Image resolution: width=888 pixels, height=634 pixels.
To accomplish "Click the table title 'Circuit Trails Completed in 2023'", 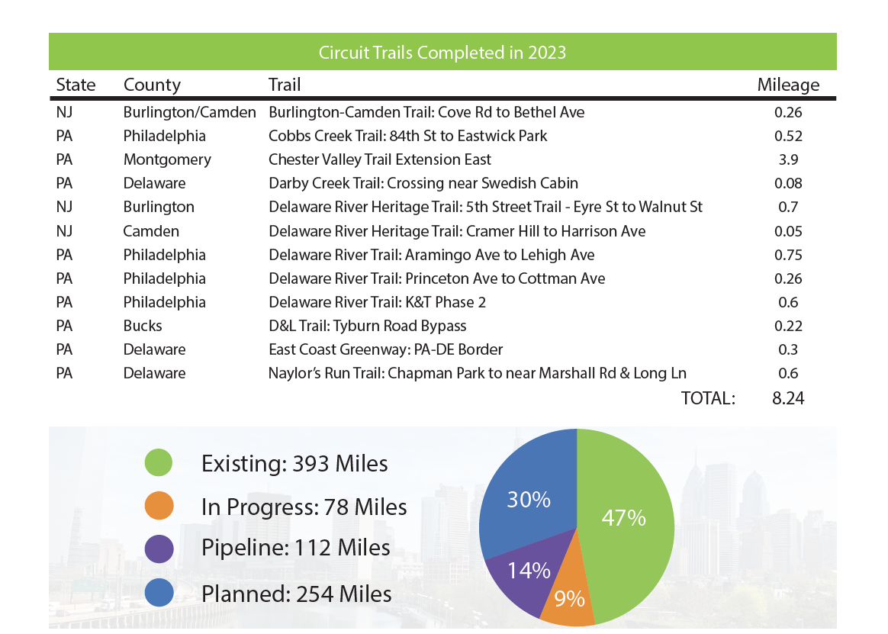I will (x=442, y=53).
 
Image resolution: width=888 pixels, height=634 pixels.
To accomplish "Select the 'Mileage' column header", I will (x=788, y=85).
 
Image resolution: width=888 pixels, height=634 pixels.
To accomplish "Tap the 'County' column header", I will (x=152, y=85).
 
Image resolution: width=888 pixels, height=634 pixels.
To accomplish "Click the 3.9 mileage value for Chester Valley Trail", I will (x=788, y=159).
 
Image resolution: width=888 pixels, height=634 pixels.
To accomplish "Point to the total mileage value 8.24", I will (x=788, y=397).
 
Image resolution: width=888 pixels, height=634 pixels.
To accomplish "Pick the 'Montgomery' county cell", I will (x=167, y=159).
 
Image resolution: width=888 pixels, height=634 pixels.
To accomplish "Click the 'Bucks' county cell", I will (x=143, y=326).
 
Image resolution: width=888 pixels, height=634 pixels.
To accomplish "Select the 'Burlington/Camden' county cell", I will (x=189, y=112).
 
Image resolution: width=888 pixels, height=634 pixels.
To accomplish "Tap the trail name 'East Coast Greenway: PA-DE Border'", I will (x=385, y=349).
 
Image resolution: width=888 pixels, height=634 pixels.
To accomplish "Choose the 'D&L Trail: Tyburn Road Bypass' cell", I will (x=367, y=326).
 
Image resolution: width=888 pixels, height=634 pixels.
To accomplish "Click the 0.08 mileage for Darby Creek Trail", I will (x=788, y=183).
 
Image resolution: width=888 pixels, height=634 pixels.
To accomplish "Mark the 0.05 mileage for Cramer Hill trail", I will (x=788, y=231).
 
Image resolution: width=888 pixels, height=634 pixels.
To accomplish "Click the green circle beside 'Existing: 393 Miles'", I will (x=159, y=462).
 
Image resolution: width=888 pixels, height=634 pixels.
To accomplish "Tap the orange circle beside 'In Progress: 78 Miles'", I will (x=159, y=506).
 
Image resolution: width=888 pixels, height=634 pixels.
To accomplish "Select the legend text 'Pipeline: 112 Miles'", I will (x=295, y=548).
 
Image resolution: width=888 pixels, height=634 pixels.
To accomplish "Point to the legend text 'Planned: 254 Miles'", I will (x=296, y=594).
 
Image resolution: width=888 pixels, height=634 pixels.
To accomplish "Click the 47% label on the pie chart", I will (x=623, y=518).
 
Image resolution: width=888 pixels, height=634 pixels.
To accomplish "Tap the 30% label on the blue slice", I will (x=529, y=500).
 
